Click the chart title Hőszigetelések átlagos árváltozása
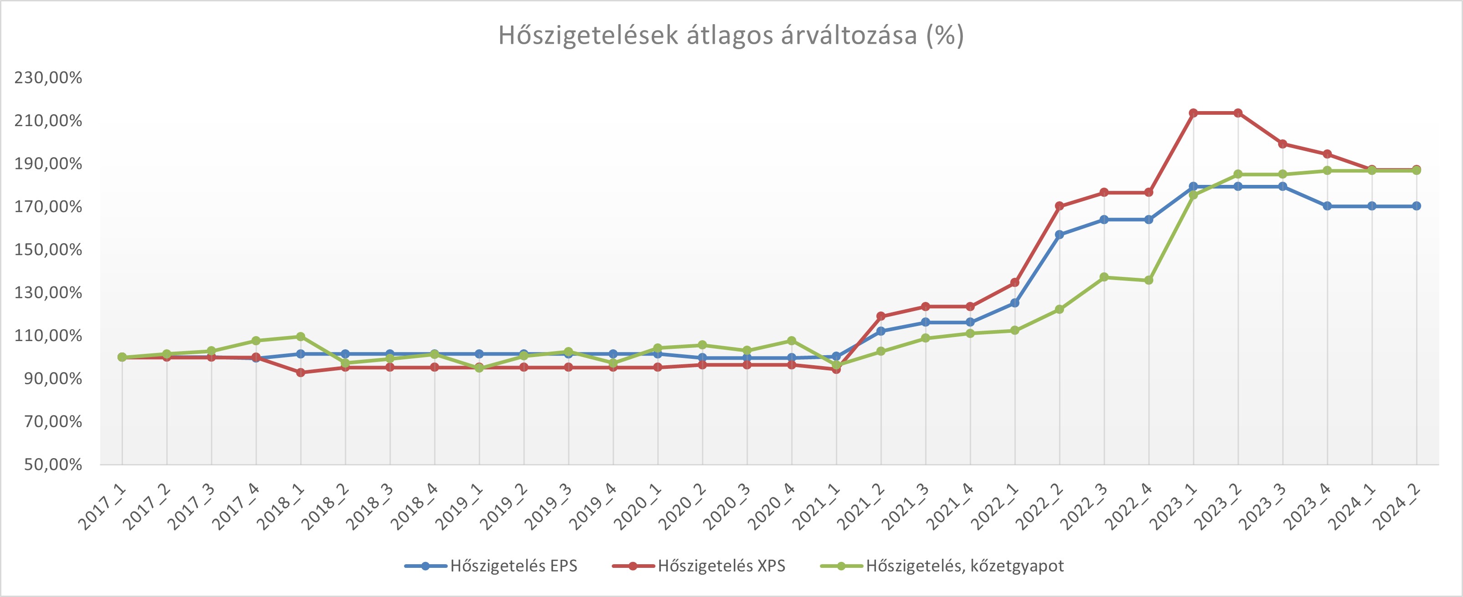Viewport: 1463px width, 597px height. [731, 35]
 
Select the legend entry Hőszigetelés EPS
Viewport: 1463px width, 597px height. [513, 566]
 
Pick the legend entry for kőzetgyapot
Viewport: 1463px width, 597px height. [964, 566]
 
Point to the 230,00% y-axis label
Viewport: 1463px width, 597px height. [48, 77]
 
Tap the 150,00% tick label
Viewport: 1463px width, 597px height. [48, 250]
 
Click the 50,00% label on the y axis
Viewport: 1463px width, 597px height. [53, 464]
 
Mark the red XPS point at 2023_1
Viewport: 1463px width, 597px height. [1193, 113]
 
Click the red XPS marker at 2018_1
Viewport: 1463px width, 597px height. [301, 372]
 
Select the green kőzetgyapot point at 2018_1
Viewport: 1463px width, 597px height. [301, 336]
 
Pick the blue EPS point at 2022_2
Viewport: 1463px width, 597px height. [1059, 235]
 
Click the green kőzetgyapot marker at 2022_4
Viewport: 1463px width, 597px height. [1148, 280]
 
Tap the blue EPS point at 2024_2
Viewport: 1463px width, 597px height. [1417, 206]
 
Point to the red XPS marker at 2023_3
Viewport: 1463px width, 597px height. [1282, 144]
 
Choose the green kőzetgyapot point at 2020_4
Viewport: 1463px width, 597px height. [792, 341]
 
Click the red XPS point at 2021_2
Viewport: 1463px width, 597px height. [881, 316]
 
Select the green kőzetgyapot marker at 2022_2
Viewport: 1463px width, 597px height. [1059, 310]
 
